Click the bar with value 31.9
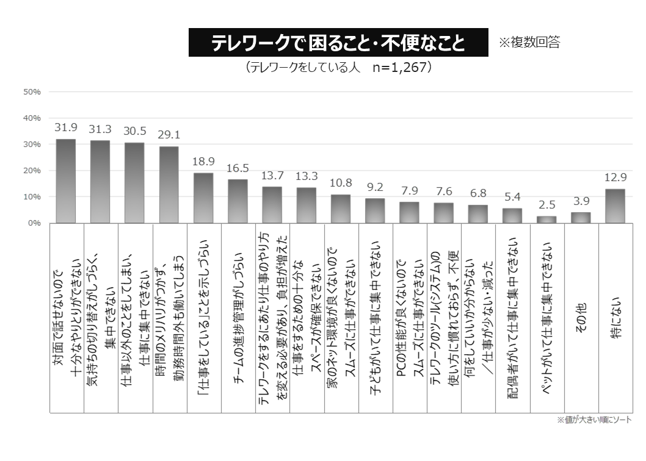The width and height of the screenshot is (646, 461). coord(66,181)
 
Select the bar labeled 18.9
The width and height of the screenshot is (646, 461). coord(203,198)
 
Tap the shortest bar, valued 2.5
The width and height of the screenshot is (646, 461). coord(546,220)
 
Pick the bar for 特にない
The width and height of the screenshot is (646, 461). coord(615,206)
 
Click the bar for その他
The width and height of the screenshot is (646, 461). coord(581,218)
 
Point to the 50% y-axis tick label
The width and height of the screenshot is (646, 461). coord(32,92)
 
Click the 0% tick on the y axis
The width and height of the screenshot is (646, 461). coord(34,223)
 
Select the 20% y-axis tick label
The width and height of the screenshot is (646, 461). coord(32,171)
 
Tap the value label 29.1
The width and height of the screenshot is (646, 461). coord(169,135)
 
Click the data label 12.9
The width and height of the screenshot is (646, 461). coord(615,177)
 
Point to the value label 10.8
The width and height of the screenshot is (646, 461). coord(341,183)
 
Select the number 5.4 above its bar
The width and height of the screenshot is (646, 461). coord(512,197)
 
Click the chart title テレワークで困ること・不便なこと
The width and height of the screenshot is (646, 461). coord(338,43)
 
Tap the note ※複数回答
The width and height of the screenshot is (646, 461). coord(529,42)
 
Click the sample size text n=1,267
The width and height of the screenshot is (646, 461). coord(399,68)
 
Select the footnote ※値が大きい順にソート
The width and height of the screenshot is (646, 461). coord(594,420)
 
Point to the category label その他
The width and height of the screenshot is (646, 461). coord(581,318)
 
